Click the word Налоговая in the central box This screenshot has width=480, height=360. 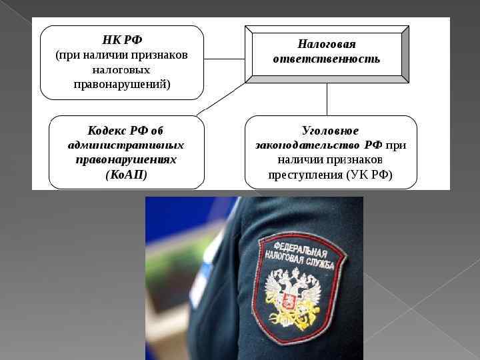tap(327, 44)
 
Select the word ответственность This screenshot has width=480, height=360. tap(327, 59)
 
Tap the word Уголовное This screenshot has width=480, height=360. tap(331, 131)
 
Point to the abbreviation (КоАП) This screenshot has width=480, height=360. tap(126, 175)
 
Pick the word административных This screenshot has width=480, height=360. tap(126, 145)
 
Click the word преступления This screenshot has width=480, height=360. tap(305, 175)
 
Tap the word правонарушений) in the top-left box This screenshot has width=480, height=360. tap(121, 84)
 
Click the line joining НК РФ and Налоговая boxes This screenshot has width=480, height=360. tap(224, 59)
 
